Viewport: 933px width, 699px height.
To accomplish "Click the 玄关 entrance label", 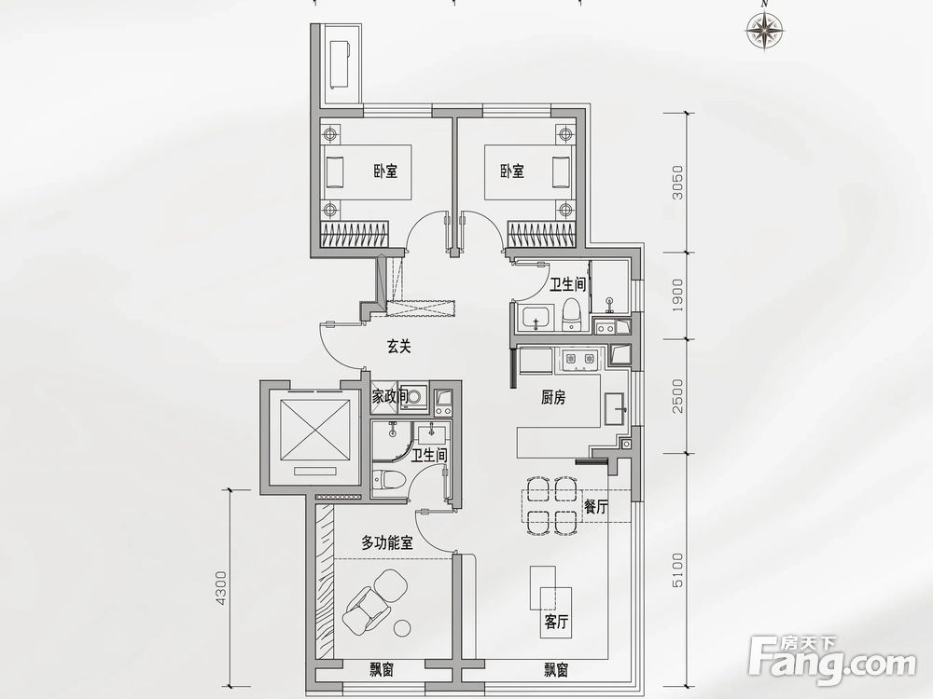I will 399,347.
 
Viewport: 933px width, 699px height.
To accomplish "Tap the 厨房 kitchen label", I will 554,397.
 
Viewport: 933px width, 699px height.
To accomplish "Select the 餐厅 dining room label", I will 596,508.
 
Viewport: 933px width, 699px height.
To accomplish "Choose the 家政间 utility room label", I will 389,397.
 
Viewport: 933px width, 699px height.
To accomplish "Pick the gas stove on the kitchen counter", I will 578,358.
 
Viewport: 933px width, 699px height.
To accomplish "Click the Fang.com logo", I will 835,658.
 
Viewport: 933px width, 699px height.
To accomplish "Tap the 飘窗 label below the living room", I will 556,669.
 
